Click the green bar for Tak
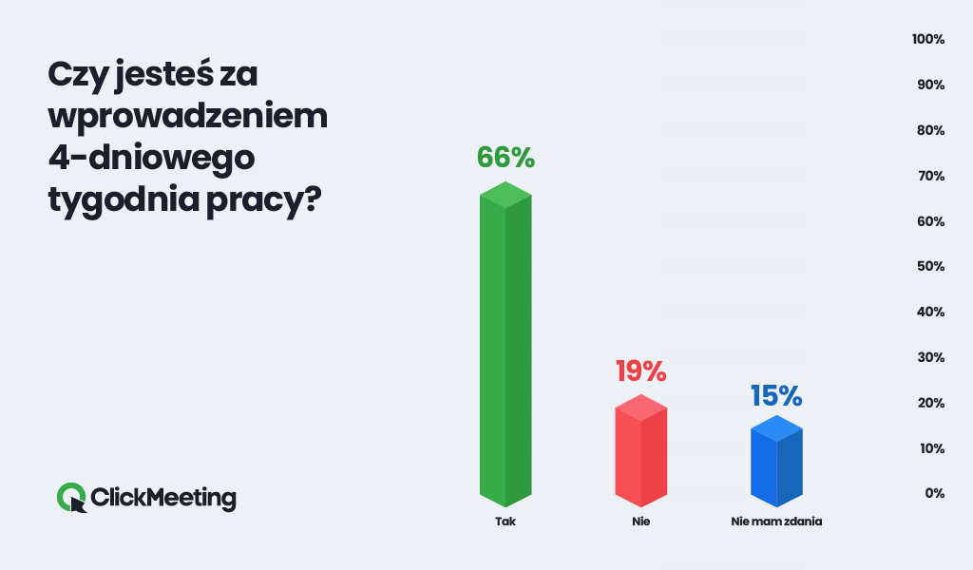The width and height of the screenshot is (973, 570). click(505, 347)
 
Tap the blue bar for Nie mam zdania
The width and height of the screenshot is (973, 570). click(776, 464)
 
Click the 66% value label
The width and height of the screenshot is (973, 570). click(506, 157)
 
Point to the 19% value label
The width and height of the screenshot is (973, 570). click(640, 370)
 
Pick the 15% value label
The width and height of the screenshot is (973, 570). click(776, 393)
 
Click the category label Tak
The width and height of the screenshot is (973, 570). click(505, 522)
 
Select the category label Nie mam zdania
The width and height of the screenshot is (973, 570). click(776, 522)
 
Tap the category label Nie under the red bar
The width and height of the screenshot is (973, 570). click(640, 522)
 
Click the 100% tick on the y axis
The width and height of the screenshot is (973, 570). click(927, 40)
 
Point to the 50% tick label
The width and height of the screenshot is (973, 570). click(929, 267)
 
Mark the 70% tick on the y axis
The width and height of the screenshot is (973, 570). click(929, 176)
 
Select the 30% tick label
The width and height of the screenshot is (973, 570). click(929, 357)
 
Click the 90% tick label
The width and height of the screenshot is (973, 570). click(929, 85)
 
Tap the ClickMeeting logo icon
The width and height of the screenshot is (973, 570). click(72, 497)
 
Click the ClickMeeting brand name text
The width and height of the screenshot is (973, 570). click(163, 497)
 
